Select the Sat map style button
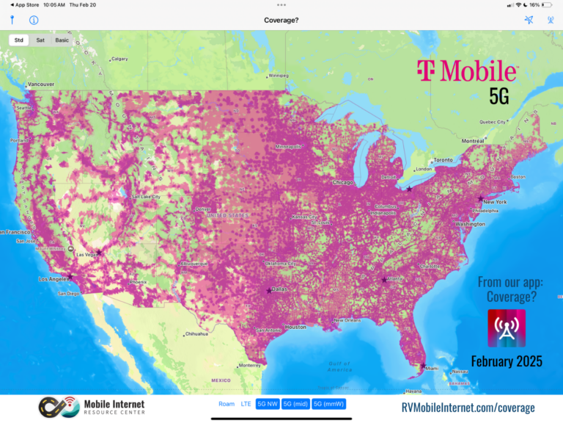pyautogui.click(x=40, y=40)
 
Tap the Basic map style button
pyautogui.click(x=62, y=40)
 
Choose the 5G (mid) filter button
pyautogui.click(x=296, y=404)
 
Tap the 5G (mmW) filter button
pyautogui.click(x=328, y=404)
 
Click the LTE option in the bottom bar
pyautogui.click(x=246, y=404)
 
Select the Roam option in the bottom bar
pyautogui.click(x=227, y=404)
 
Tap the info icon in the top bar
pyautogui.click(x=34, y=20)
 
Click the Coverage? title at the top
pyautogui.click(x=281, y=20)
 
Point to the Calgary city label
pyautogui.click(x=119, y=59)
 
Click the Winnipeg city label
pyautogui.click(x=279, y=75)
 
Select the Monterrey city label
pyautogui.click(x=250, y=365)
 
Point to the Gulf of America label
pyautogui.click(x=340, y=365)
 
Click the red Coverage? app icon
pyautogui.click(x=507, y=328)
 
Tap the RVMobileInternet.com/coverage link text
pyautogui.click(x=468, y=408)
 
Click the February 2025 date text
pyautogui.click(x=507, y=361)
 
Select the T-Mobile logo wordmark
pyautogui.click(x=467, y=71)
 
